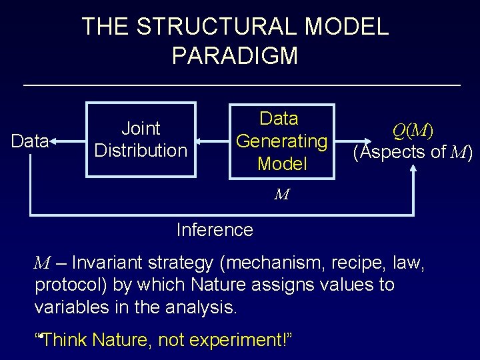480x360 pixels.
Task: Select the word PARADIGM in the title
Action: pyautogui.click(x=235, y=56)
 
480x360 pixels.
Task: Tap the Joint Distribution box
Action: pyautogui.click(x=141, y=139)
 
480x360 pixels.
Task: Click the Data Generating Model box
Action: pyautogui.click(x=281, y=141)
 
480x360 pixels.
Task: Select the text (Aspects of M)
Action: pyautogui.click(x=413, y=153)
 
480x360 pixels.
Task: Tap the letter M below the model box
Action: pyautogui.click(x=281, y=195)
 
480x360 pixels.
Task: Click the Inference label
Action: pyautogui.click(x=215, y=230)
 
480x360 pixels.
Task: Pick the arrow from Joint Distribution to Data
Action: pyautogui.click(x=69, y=141)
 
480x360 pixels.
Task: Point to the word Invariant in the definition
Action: pyautogui.click(x=109, y=262)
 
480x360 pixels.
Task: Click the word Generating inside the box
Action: pyautogui.click(x=282, y=141)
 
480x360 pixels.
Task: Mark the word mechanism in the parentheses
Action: pyautogui.click(x=275, y=262)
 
